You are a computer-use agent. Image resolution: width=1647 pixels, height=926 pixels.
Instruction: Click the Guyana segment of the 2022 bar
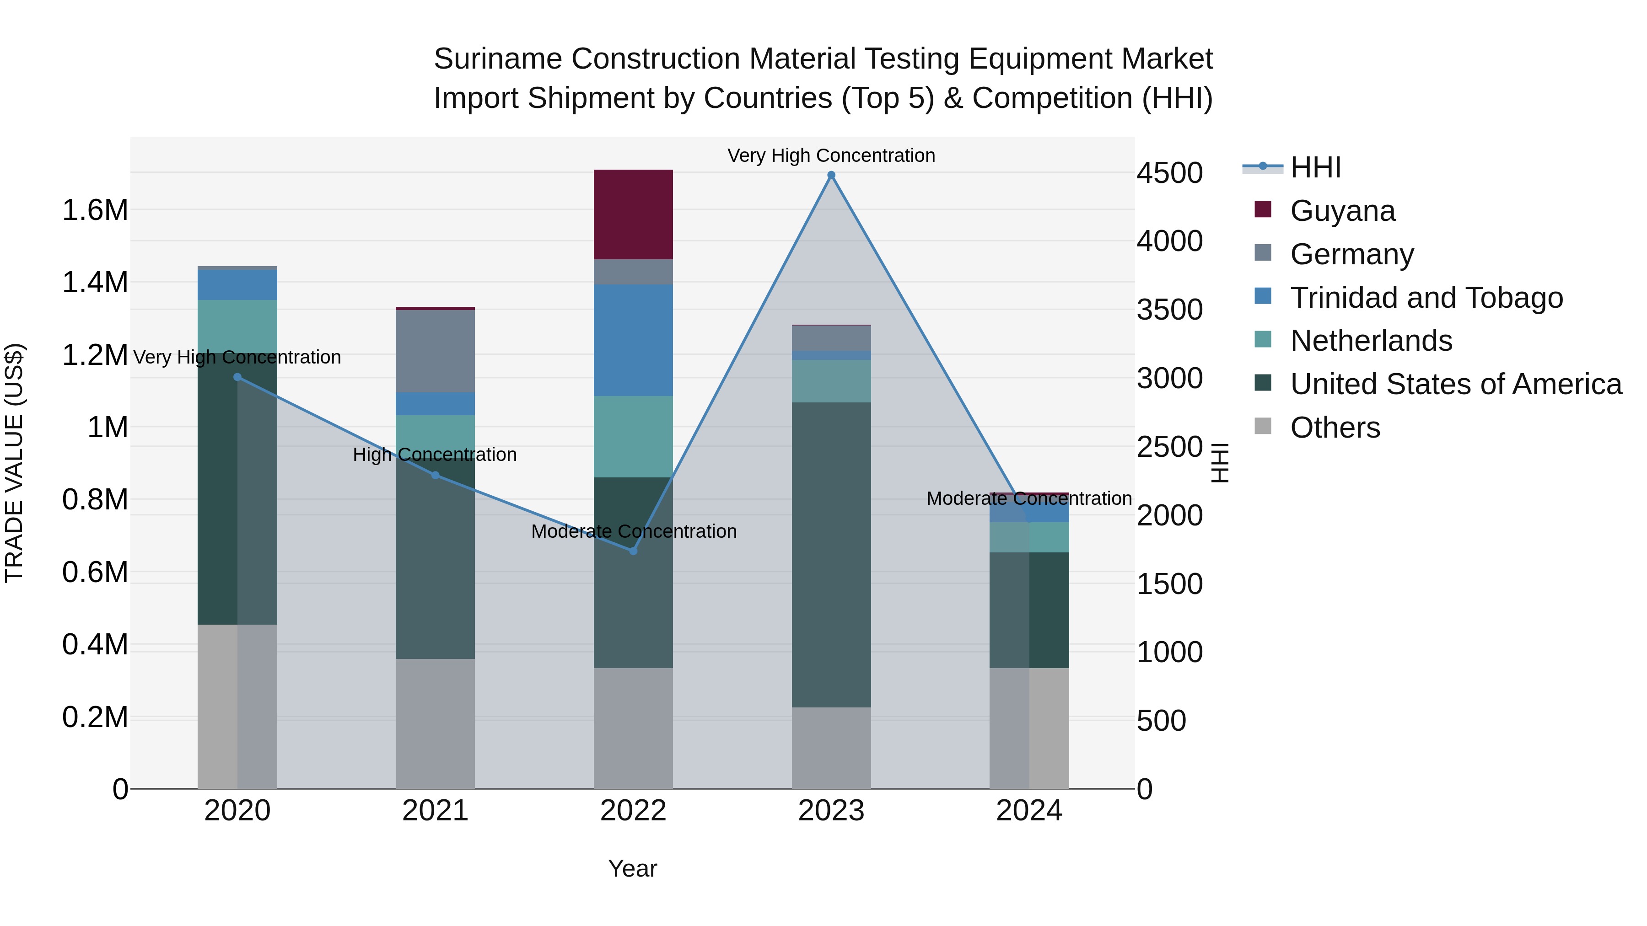tap(633, 214)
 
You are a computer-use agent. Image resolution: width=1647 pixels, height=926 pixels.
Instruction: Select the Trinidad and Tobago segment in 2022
tap(633, 340)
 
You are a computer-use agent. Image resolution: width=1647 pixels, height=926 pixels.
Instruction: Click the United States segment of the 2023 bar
tap(831, 554)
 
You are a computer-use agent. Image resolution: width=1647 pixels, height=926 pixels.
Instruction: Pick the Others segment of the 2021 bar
tap(435, 723)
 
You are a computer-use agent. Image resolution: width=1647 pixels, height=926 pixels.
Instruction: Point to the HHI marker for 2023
tap(831, 175)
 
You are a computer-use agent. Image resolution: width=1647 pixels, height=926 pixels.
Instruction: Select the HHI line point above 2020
tap(237, 377)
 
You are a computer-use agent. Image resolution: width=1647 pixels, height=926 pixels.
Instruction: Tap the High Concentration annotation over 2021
tap(435, 455)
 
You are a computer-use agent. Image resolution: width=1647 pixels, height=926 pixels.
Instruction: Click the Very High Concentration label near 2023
tap(831, 155)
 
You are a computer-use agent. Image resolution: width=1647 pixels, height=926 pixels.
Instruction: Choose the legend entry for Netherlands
tap(1371, 341)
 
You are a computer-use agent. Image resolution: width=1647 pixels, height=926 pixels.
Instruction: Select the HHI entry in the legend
tap(1315, 167)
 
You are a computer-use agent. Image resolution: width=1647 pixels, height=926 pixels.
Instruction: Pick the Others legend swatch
tap(1263, 426)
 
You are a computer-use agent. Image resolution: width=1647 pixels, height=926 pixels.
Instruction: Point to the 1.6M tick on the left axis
tap(95, 210)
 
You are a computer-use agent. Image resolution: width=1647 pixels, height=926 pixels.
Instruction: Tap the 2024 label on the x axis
tap(1029, 811)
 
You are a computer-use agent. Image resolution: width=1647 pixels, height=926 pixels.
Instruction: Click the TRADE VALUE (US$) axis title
tap(14, 463)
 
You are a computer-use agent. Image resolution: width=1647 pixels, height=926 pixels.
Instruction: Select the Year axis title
tap(632, 868)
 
